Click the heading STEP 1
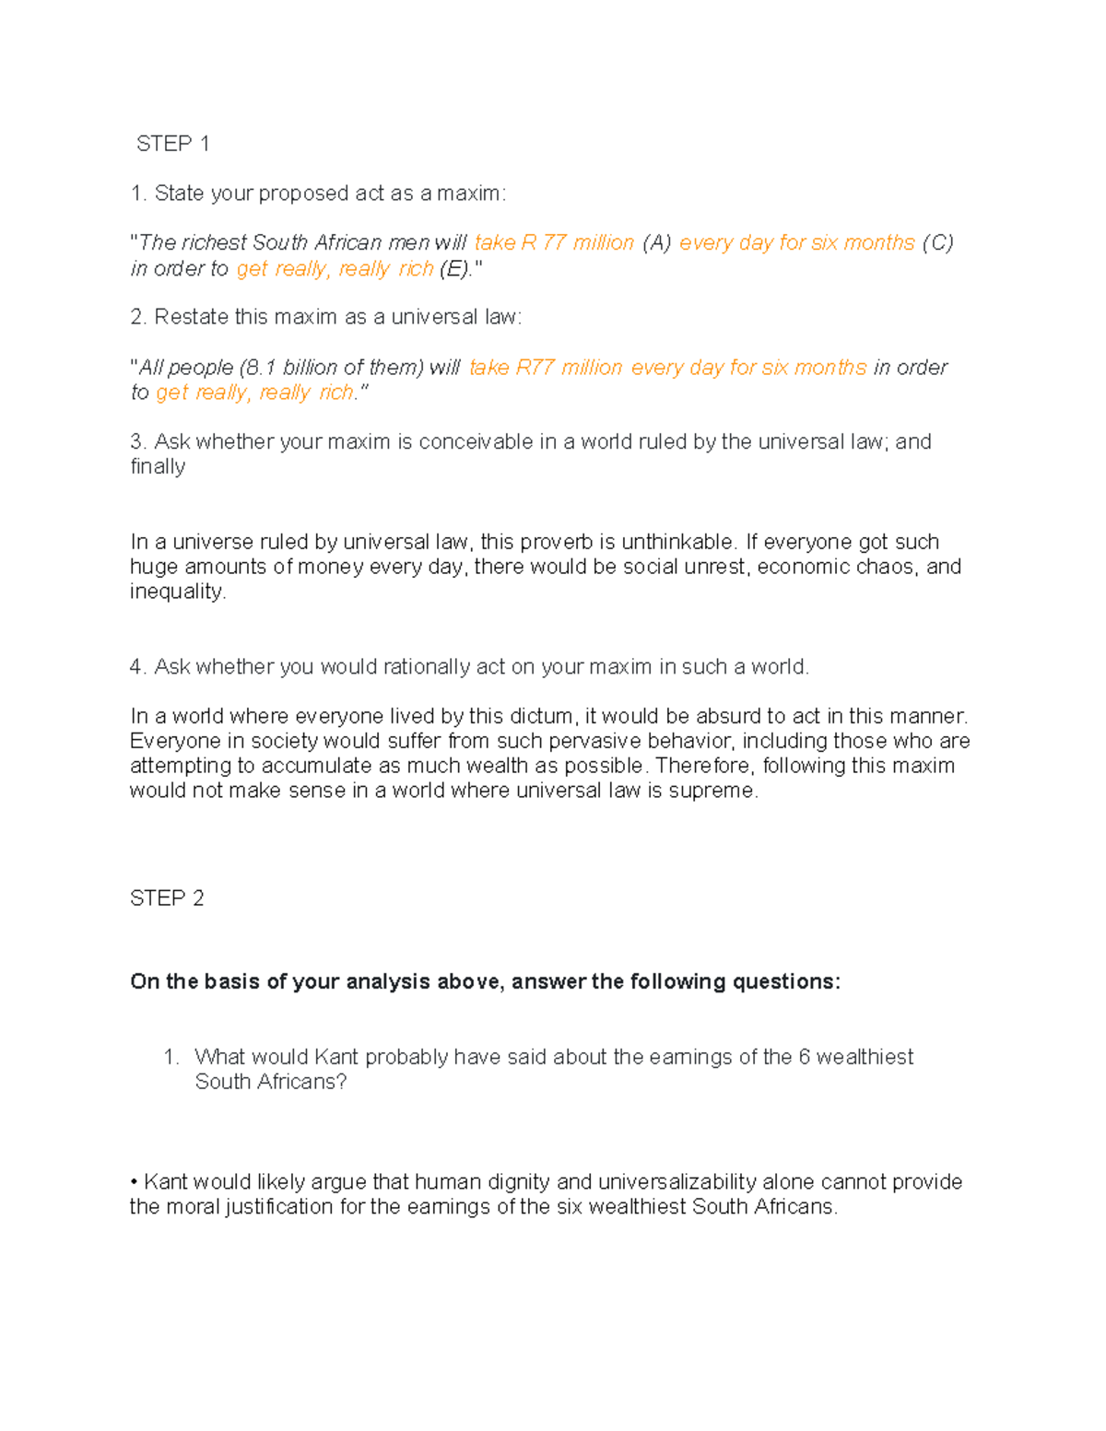pos(172,144)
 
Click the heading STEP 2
pos(167,898)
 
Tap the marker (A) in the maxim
pos(656,243)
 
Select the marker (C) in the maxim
pos(937,243)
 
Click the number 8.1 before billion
pos(262,368)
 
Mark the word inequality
pos(177,592)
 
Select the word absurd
pos(729,717)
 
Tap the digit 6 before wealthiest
pos(804,1057)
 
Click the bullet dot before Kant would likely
pos(135,1183)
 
